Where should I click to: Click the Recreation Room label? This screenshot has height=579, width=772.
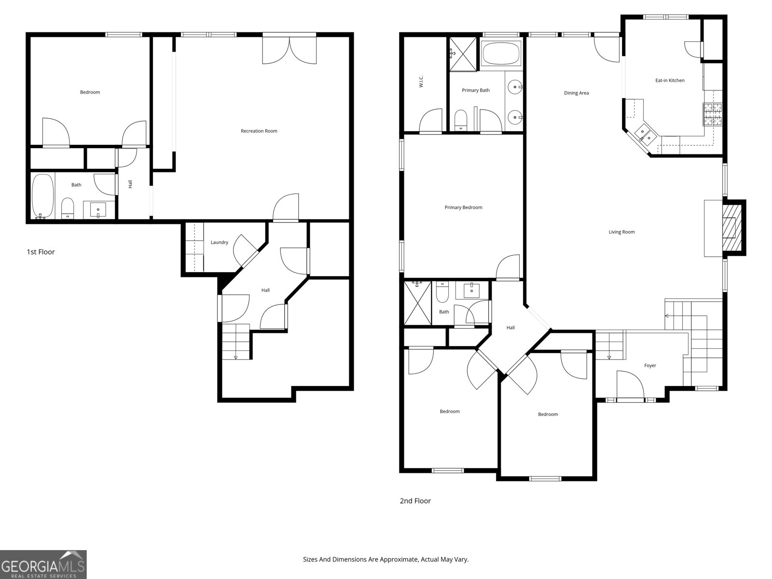tap(259, 131)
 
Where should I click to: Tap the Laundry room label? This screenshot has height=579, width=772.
tap(219, 242)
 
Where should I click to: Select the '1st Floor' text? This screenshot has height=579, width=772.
tap(41, 252)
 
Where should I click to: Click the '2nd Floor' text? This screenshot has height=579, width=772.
tap(415, 501)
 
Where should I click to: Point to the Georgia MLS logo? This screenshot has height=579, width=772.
tap(43, 565)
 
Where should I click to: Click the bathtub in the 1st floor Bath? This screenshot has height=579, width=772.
tap(42, 195)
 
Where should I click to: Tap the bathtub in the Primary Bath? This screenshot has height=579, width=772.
tap(501, 53)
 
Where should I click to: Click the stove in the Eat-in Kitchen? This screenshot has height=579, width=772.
tap(713, 114)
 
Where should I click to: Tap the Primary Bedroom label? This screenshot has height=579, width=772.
tap(463, 207)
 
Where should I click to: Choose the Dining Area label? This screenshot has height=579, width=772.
tap(577, 93)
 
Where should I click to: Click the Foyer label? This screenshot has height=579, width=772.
tap(650, 366)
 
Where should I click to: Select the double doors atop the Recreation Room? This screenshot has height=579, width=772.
tap(289, 49)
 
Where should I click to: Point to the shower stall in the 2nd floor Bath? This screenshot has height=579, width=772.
tap(417, 303)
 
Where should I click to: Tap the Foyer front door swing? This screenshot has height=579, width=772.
tap(630, 385)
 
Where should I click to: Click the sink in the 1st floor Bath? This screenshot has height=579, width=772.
tap(99, 210)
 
